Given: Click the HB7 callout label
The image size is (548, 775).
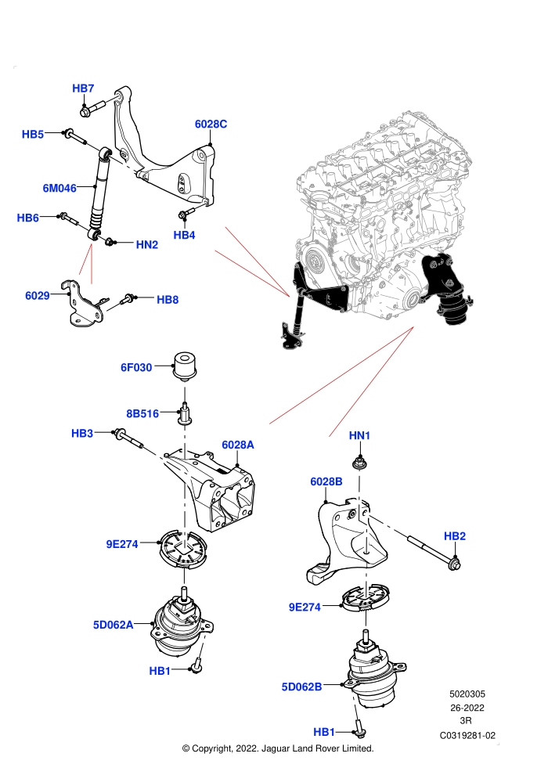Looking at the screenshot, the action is point(83,88).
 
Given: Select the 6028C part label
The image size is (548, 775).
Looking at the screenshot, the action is point(211,124).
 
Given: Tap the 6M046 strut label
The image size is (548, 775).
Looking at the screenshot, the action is point(59,189).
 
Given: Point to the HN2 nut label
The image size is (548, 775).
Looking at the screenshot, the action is point(146,245).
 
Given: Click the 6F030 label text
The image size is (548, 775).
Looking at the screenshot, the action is point(136,368).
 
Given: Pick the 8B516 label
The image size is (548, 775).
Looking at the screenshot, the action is point(142,413).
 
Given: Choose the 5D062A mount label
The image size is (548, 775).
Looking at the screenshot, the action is point(114,625).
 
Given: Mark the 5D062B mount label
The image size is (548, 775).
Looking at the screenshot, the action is point(301,687).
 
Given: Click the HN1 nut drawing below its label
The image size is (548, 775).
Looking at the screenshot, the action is point(359,463).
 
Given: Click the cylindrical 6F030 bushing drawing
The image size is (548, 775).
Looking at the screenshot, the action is point(186,366).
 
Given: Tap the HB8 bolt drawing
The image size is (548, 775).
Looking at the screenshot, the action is point(128,299).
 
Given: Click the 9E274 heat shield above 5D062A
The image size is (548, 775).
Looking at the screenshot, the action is point(183,549).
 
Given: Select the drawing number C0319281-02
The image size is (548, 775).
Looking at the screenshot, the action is point(467,735).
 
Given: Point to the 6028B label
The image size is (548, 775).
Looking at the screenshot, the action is point(326,481).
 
